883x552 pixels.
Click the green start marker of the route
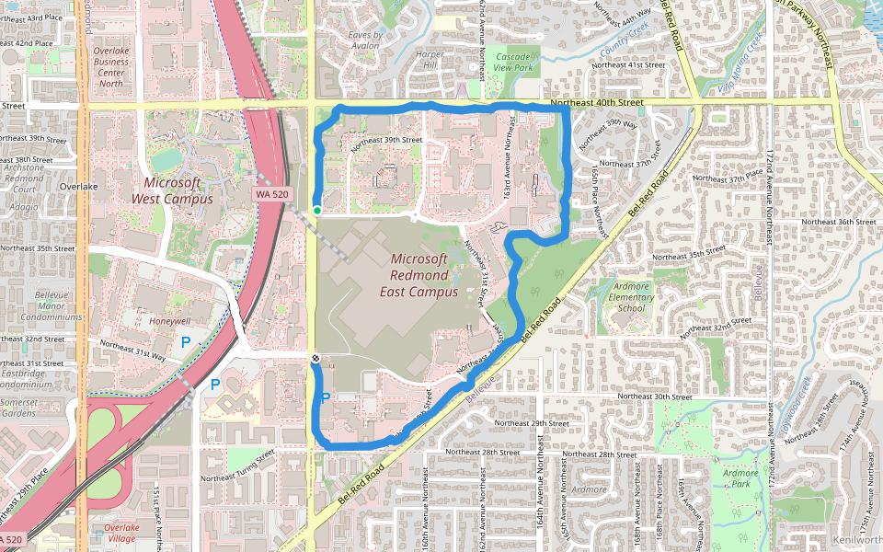coord(316,211)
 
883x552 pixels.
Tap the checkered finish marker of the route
coord(315,358)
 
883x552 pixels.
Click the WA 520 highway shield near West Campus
coord(272,194)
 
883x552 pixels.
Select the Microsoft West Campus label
coord(172,190)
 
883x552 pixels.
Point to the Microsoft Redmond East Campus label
coord(419,275)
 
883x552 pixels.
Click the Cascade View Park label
coord(513,62)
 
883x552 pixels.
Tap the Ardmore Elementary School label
coord(631,297)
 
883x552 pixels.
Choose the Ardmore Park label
coord(740,477)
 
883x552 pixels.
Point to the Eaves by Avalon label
coord(364,40)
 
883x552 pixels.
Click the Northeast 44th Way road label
coord(623,14)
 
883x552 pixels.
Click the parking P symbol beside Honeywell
coord(185,341)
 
